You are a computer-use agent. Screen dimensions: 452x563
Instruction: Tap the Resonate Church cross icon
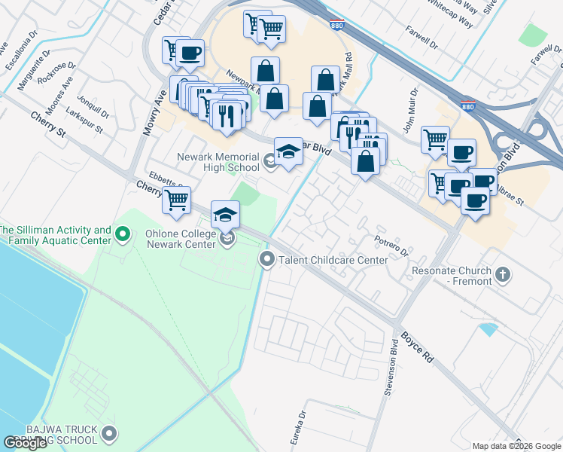coord(504,272)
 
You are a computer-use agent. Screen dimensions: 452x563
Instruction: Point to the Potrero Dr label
coord(391,243)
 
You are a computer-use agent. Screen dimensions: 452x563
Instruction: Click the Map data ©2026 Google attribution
coord(516,446)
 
